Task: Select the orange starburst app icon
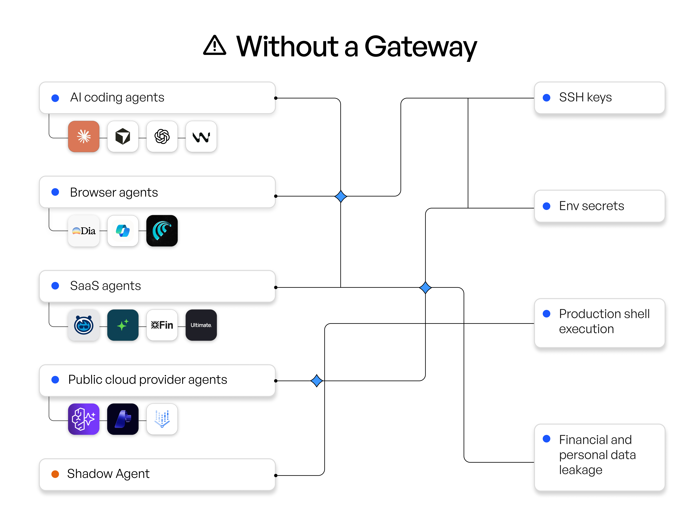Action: pyautogui.click(x=84, y=136)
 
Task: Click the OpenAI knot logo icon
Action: pyautogui.click(x=162, y=136)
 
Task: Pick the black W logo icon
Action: pyautogui.click(x=201, y=136)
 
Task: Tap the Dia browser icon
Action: pyautogui.click(x=84, y=231)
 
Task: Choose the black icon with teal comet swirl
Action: pyautogui.click(x=162, y=231)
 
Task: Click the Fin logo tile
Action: pyautogui.click(x=162, y=325)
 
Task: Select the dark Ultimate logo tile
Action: pyautogui.click(x=201, y=325)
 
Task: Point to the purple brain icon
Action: pyautogui.click(x=84, y=419)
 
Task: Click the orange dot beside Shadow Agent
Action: pyautogui.click(x=55, y=474)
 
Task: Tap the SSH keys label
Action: pyautogui.click(x=585, y=98)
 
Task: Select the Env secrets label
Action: pyautogui.click(x=591, y=206)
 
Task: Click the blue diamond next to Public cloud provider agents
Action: pyautogui.click(x=317, y=381)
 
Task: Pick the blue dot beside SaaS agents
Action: pyautogui.click(x=55, y=286)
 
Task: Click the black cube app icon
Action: pyautogui.click(x=123, y=136)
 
